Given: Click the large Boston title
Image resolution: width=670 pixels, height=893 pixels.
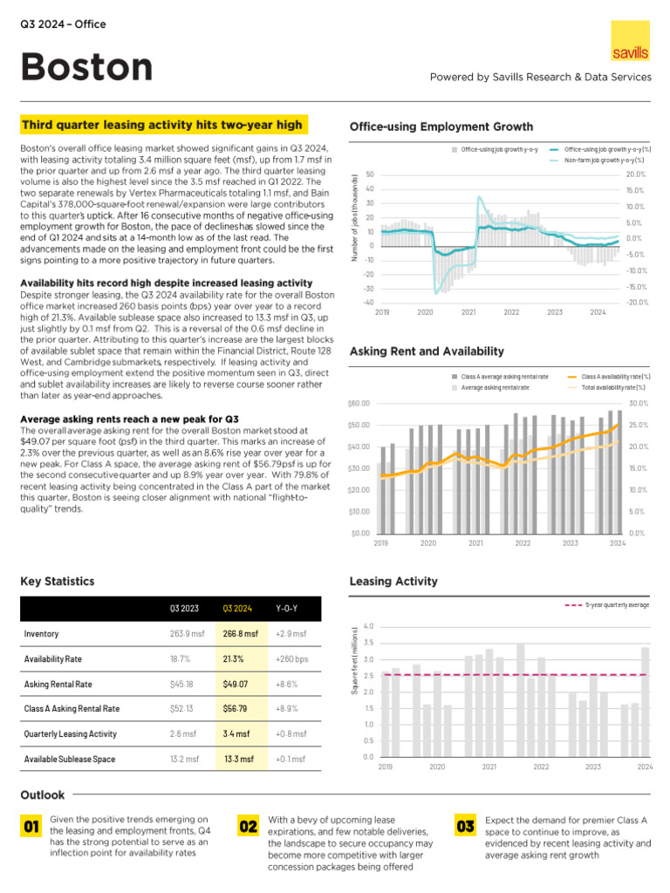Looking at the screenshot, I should (x=86, y=67).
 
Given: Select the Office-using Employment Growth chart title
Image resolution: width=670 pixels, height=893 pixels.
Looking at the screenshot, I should (x=441, y=127).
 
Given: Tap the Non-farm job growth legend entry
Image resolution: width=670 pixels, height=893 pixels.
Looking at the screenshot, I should (x=598, y=160).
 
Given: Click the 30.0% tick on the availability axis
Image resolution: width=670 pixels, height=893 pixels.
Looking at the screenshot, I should (x=637, y=403).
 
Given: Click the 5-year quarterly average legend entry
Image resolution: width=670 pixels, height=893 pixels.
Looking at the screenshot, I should (x=610, y=603).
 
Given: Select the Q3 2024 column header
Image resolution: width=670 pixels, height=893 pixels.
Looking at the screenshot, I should (x=237, y=608).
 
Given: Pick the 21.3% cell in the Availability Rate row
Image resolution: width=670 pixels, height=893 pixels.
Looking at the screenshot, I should (x=233, y=658).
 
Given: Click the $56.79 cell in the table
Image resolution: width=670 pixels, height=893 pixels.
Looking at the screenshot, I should (x=236, y=709).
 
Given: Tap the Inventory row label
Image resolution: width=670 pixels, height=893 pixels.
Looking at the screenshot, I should (x=41, y=633).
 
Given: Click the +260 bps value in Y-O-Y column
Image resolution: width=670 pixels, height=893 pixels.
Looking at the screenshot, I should (x=291, y=658).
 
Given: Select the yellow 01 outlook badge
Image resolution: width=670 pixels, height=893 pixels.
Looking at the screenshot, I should (x=32, y=826).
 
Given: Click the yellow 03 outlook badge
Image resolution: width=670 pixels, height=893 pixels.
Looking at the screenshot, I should (x=465, y=826).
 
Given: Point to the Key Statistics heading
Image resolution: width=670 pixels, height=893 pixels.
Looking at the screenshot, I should (x=57, y=582).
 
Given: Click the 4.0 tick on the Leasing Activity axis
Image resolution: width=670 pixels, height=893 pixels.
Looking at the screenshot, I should (x=369, y=626).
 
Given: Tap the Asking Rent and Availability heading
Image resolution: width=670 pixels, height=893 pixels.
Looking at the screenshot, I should (x=426, y=351).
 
